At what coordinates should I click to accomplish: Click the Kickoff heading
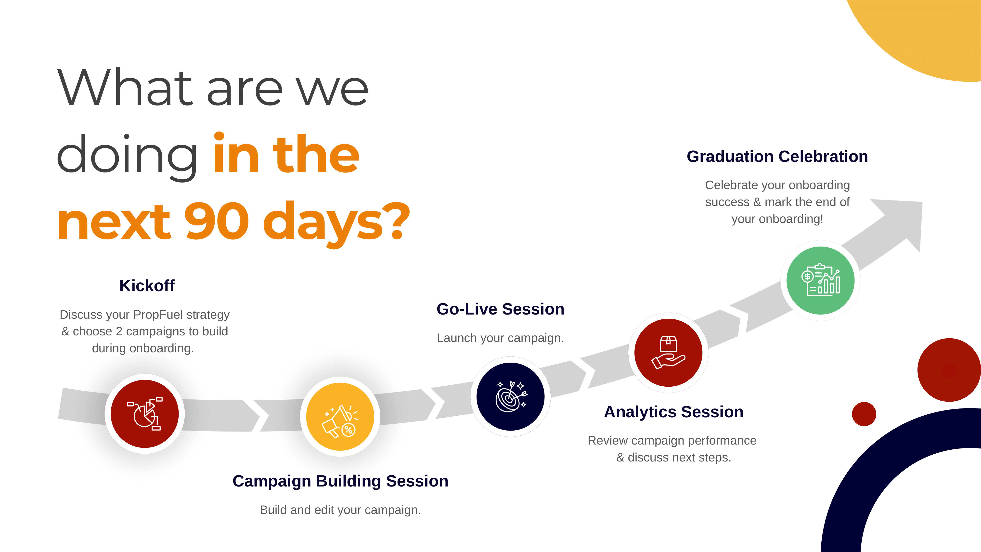pos(147,286)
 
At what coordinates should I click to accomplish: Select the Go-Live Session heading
pos(500,309)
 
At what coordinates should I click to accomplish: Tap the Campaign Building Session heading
pos(340,481)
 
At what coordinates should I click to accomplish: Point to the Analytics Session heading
pos(674,412)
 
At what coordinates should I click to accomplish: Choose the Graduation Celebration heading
pos(777,157)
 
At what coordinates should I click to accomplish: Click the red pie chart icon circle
pos(145,414)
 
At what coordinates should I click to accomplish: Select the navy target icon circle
pos(511,396)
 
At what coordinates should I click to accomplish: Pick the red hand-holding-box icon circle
pos(668,353)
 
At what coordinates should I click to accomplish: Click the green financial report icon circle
pos(821,280)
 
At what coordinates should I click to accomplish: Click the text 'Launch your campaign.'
pos(500,338)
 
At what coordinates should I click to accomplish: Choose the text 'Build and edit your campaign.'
pos(340,510)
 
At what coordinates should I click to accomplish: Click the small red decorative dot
pos(864,414)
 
